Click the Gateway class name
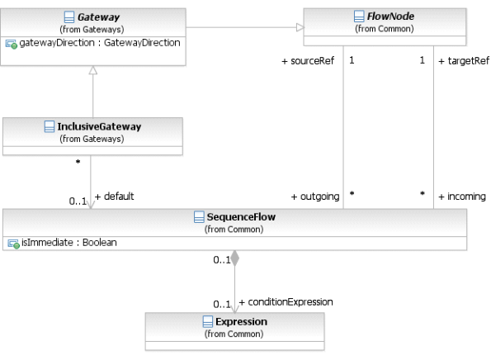(x=98, y=17)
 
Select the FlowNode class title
(x=390, y=16)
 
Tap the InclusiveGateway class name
(x=99, y=126)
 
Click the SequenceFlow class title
(x=241, y=217)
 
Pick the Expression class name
(x=241, y=321)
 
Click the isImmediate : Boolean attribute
(x=68, y=243)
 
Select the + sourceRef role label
(x=308, y=61)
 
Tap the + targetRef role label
(x=464, y=61)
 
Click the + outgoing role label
(x=315, y=197)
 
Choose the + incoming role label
(x=462, y=197)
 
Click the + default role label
(x=114, y=197)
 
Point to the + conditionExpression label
(x=286, y=302)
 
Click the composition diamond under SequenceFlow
(x=235, y=258)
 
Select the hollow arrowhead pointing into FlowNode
(x=300, y=27)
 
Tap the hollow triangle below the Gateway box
(x=92, y=70)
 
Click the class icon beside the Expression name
(x=208, y=321)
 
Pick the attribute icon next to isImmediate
(x=13, y=244)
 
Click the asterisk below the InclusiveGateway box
(x=78, y=162)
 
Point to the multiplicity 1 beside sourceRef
(x=352, y=60)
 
